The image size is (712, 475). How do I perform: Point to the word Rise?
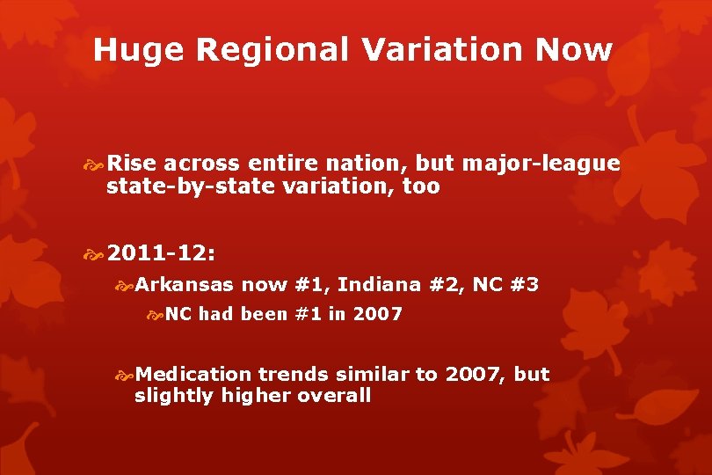(131, 164)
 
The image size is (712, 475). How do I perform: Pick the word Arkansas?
(185, 284)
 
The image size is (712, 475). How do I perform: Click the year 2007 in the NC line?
(377, 313)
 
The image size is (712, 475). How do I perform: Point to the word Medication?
(193, 374)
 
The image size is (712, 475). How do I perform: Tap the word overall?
(334, 396)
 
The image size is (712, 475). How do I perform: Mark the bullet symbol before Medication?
(125, 375)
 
